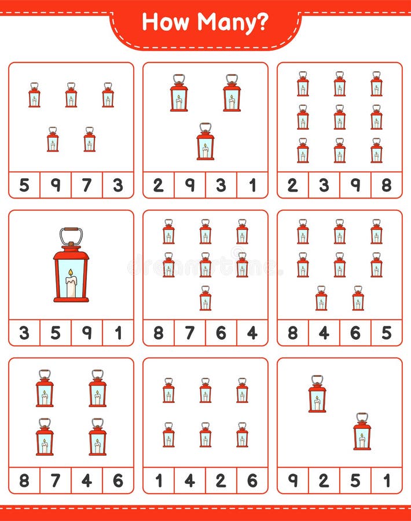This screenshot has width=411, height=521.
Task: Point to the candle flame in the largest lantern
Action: [71, 273]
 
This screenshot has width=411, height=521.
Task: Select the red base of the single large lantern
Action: [71, 299]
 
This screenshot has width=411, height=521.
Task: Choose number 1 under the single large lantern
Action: [118, 333]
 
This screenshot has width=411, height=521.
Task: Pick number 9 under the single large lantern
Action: [87, 333]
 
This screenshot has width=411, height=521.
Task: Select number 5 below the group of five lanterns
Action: [24, 185]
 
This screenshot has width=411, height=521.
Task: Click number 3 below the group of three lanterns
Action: [221, 185]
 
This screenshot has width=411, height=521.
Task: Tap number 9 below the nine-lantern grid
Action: [355, 185]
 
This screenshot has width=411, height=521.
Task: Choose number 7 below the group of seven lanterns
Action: [189, 333]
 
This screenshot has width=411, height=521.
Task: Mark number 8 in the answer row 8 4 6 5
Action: [293, 333]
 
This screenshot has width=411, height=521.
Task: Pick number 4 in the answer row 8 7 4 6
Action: [87, 480]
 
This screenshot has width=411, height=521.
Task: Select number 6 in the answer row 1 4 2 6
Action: [252, 480]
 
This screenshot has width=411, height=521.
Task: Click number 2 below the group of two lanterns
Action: [324, 480]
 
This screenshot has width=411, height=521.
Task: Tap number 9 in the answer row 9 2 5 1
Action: [293, 480]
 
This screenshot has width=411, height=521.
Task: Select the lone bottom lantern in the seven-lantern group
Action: [205, 298]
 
